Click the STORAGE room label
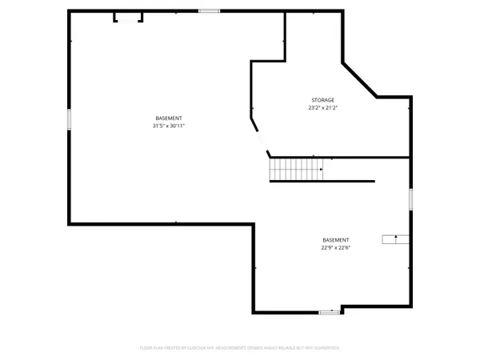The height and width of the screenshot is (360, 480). pyautogui.click(x=322, y=100)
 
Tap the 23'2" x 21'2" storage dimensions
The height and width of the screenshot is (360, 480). pyautogui.click(x=322, y=108)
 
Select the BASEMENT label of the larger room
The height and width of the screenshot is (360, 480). pyautogui.click(x=168, y=118)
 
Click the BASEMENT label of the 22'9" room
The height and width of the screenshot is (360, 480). pyautogui.click(x=335, y=240)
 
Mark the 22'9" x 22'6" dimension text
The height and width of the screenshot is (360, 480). pyautogui.click(x=335, y=247)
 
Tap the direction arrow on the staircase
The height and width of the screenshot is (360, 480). pyautogui.click(x=320, y=170)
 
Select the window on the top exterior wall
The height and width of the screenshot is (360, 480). pyautogui.click(x=210, y=10)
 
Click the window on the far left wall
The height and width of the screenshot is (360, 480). pyautogui.click(x=70, y=119)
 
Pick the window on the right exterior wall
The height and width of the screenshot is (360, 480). pyautogui.click(x=411, y=199)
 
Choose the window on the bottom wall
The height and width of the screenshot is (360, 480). pyautogui.click(x=329, y=312)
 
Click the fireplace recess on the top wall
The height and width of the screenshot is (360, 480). pyautogui.click(x=128, y=17)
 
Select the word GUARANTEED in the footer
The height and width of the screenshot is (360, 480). pyautogui.click(x=326, y=348)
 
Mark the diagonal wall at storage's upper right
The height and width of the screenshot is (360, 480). pyautogui.click(x=359, y=79)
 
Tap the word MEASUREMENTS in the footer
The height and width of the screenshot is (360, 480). pyautogui.click(x=244, y=348)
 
